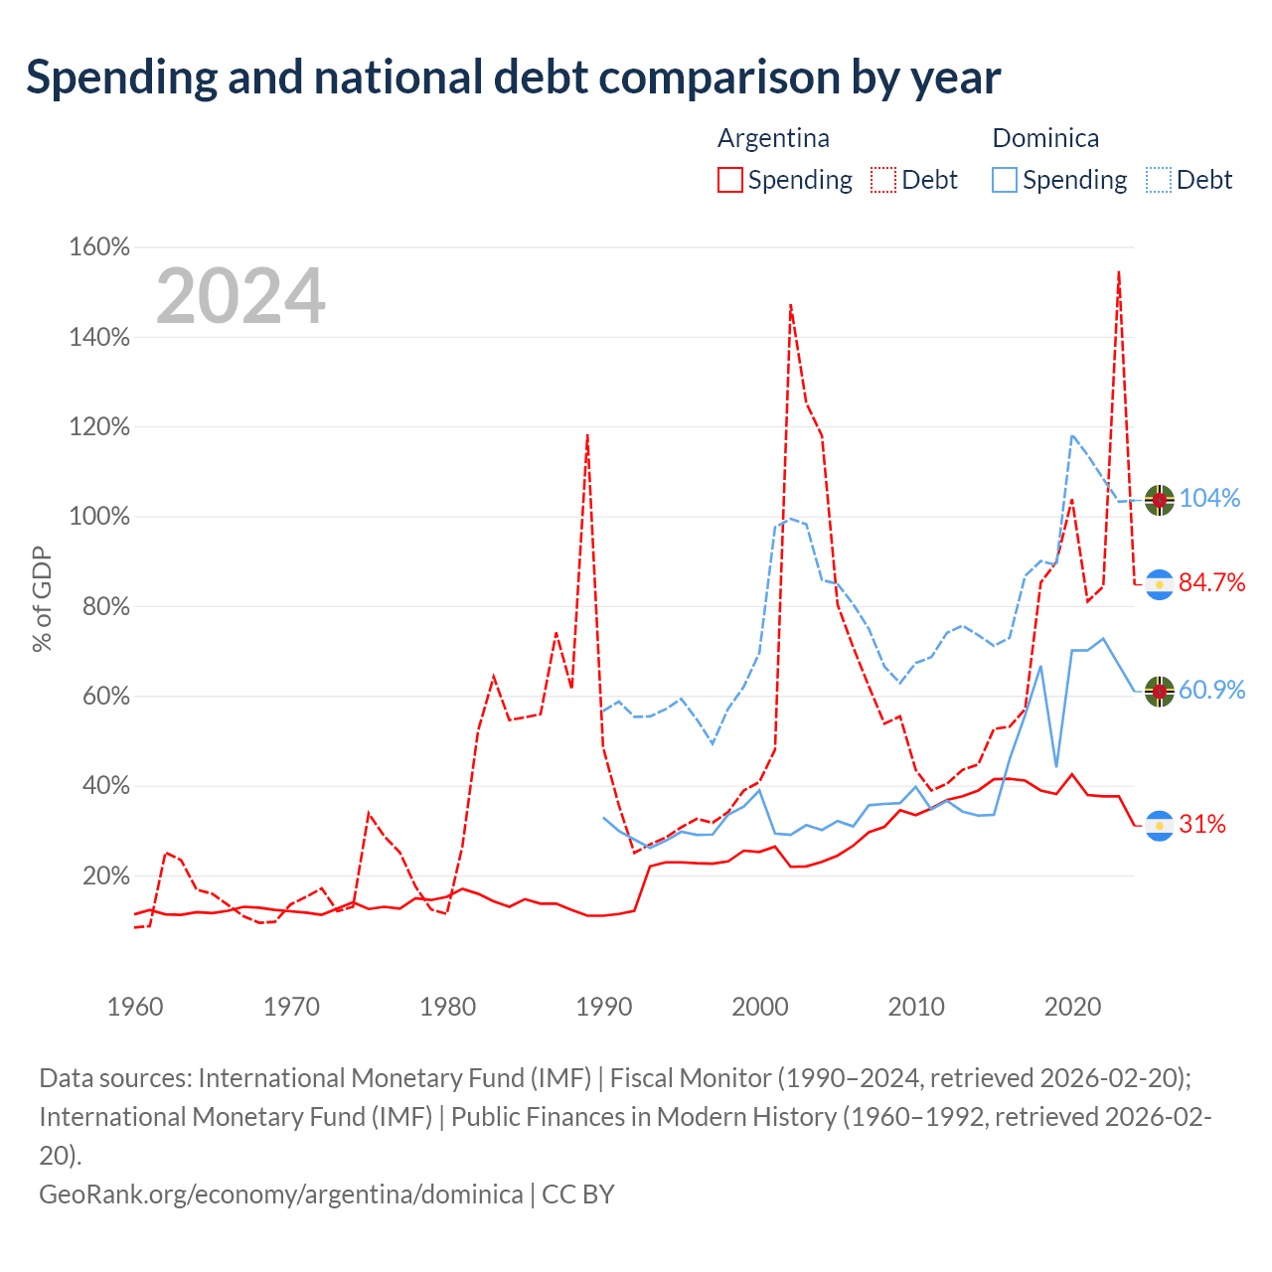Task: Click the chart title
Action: click(513, 78)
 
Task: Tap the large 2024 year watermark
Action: click(240, 295)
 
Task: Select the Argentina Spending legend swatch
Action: click(729, 180)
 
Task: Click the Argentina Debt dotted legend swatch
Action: click(883, 180)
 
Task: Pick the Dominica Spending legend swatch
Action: click(1004, 180)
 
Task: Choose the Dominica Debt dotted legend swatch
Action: click(1158, 180)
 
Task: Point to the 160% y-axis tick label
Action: click(99, 246)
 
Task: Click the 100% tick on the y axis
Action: click(99, 516)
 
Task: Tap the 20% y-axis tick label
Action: click(105, 875)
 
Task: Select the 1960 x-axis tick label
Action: click(135, 1008)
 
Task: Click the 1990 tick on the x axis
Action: click(604, 1008)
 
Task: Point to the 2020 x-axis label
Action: click(1072, 1008)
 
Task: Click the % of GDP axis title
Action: click(42, 598)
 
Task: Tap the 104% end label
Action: click(1210, 499)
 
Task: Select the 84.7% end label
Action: click(1212, 583)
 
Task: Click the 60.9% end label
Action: click(1212, 691)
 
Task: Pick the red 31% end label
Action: click(1202, 825)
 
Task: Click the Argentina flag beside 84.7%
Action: click(1159, 585)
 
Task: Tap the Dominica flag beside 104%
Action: click(1159, 500)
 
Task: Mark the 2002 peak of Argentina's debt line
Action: click(791, 305)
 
